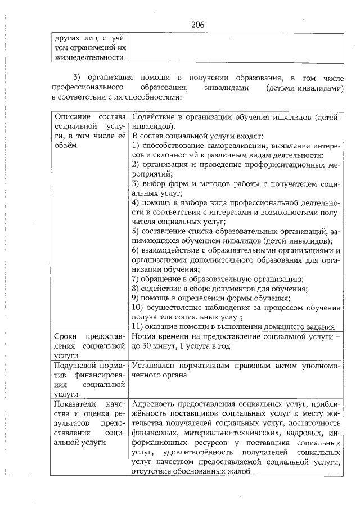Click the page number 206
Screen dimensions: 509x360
pyautogui.click(x=197, y=25)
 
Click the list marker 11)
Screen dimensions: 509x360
pyautogui.click(x=138, y=327)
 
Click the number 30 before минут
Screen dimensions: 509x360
pyautogui.click(x=148, y=346)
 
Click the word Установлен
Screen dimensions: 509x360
pyautogui.click(x=154, y=366)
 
